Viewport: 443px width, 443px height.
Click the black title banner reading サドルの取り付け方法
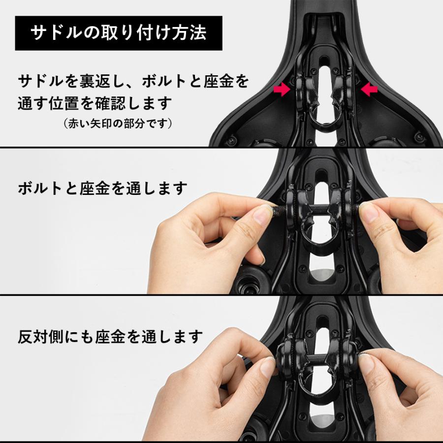[x=118, y=33]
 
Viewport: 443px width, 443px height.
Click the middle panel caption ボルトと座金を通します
[x=103, y=188]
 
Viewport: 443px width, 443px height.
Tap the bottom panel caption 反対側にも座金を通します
[x=110, y=337]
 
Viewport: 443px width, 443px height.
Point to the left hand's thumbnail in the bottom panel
[x=267, y=367]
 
